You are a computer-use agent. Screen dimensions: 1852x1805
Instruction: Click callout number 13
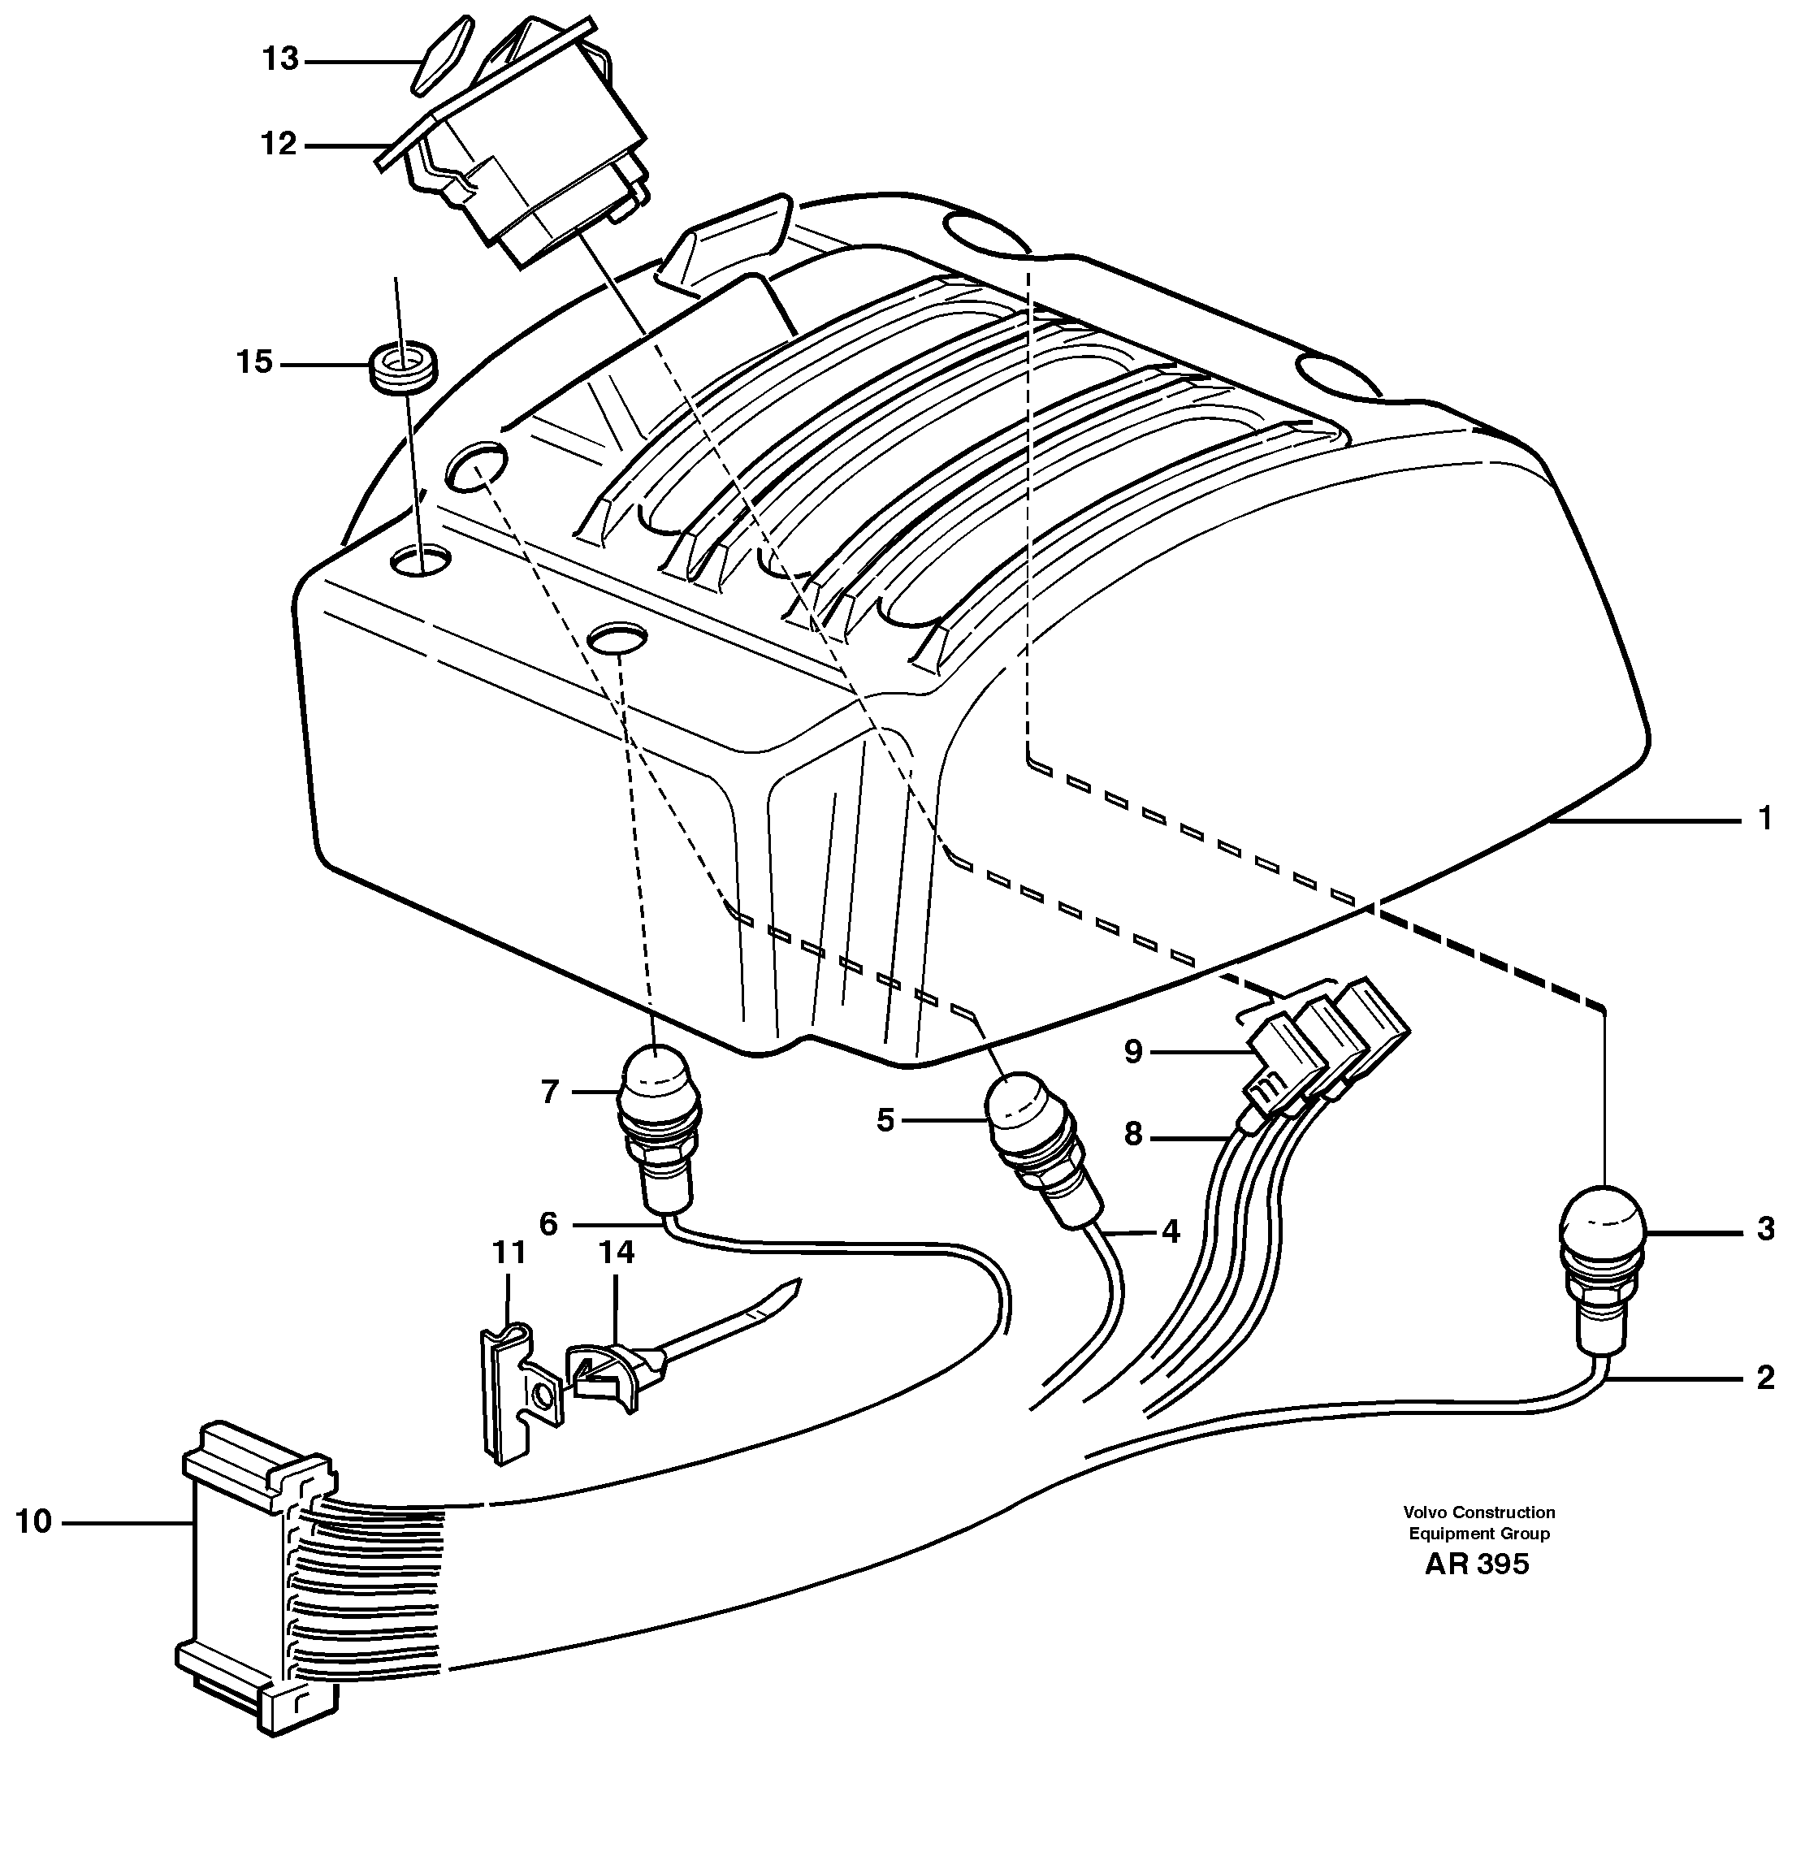click(x=280, y=60)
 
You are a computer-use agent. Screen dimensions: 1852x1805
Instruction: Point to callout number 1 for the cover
click(x=1764, y=819)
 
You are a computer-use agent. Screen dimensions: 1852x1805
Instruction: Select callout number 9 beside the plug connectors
click(x=1134, y=1051)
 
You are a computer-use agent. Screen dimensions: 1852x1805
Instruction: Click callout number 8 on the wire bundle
click(x=1133, y=1134)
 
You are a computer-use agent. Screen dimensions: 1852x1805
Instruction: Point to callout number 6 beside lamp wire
click(x=549, y=1223)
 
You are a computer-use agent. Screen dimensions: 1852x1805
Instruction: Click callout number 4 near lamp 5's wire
click(x=1170, y=1232)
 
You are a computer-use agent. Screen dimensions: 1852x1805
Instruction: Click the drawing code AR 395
click(x=1477, y=1591)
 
